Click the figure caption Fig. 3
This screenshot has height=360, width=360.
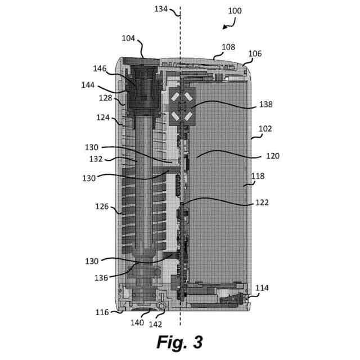pyautogui.click(x=179, y=342)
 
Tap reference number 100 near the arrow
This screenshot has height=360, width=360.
pyautogui.click(x=235, y=11)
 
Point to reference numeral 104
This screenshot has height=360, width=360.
pyautogui.click(x=128, y=38)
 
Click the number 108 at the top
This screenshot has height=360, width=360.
pyautogui.click(x=228, y=47)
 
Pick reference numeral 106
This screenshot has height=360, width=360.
pyautogui.click(x=255, y=54)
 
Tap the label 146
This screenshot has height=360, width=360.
pyautogui.click(x=100, y=69)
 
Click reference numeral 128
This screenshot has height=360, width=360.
pyautogui.click(x=106, y=97)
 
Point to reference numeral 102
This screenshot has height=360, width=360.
pyautogui.click(x=264, y=128)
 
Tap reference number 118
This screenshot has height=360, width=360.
pyautogui.click(x=257, y=176)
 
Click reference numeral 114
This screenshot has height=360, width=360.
pyautogui.click(x=262, y=289)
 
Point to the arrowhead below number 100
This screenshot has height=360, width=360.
pyautogui.click(x=225, y=26)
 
